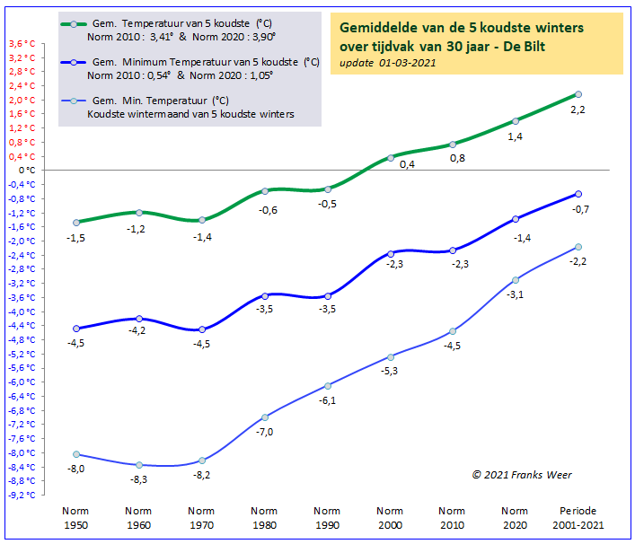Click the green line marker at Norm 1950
[x=76, y=222]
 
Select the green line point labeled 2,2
[x=578, y=94]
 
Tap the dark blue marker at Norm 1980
[x=265, y=294]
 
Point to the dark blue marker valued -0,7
[x=578, y=194]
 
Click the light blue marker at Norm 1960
[x=139, y=464]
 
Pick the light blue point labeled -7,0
[x=265, y=417]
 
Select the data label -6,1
[x=327, y=400]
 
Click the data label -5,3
[x=390, y=371]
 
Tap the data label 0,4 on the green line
[x=407, y=164]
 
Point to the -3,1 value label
[x=516, y=294]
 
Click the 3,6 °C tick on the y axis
[x=21, y=43]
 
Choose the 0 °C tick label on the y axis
[x=30, y=170]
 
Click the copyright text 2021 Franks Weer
[x=522, y=475]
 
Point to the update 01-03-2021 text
[x=388, y=63]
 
